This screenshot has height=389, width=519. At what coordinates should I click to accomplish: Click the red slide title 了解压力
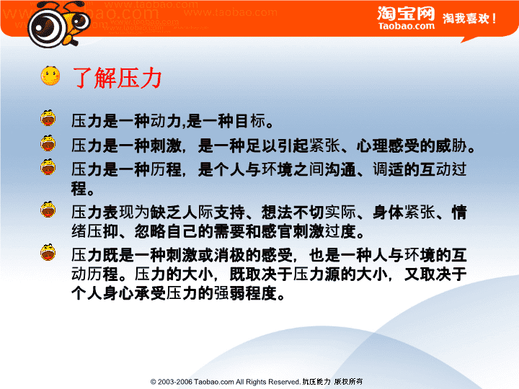click(117, 78)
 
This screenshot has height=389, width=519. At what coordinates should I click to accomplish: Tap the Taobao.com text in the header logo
click(407, 26)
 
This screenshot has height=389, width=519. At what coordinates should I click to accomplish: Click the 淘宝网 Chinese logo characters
click(406, 14)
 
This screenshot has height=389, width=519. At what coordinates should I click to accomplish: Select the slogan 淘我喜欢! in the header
click(469, 18)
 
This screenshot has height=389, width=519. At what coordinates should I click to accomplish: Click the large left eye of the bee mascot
click(47, 25)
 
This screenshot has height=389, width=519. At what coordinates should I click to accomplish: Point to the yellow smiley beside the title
click(50, 76)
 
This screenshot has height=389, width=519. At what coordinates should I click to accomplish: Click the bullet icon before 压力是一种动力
click(48, 118)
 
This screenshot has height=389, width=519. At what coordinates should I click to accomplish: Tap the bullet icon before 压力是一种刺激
click(48, 143)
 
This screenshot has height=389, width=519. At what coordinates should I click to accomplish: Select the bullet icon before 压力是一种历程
click(48, 166)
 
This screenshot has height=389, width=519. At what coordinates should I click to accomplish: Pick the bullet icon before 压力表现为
click(48, 210)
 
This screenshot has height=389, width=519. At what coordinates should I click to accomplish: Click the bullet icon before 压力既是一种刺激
click(48, 253)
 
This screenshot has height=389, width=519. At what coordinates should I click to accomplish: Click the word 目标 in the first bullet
click(250, 121)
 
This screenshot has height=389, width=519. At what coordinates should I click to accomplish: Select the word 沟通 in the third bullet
click(340, 169)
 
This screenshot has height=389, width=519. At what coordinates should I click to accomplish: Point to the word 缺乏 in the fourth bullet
click(166, 213)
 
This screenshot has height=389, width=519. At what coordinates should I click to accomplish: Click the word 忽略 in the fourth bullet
click(150, 231)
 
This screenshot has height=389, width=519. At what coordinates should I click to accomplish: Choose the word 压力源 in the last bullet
click(316, 274)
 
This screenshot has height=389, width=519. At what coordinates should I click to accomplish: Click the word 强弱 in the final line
click(229, 293)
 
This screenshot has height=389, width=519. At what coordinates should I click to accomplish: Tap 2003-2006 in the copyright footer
click(174, 382)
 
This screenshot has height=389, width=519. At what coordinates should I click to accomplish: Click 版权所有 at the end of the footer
click(348, 382)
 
